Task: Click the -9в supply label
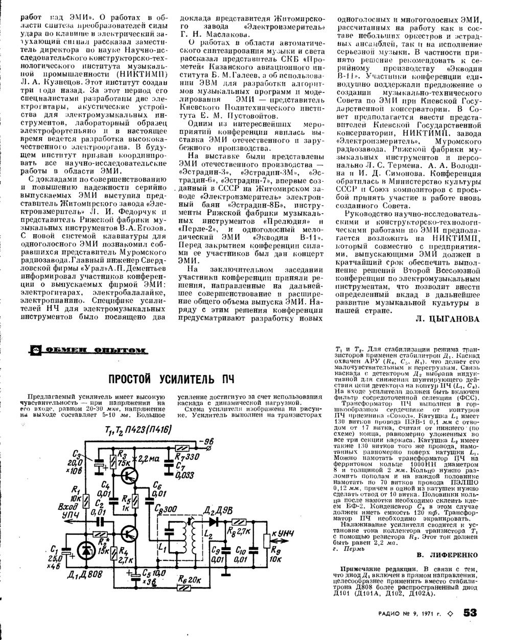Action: pyautogui.click(x=208, y=441)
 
